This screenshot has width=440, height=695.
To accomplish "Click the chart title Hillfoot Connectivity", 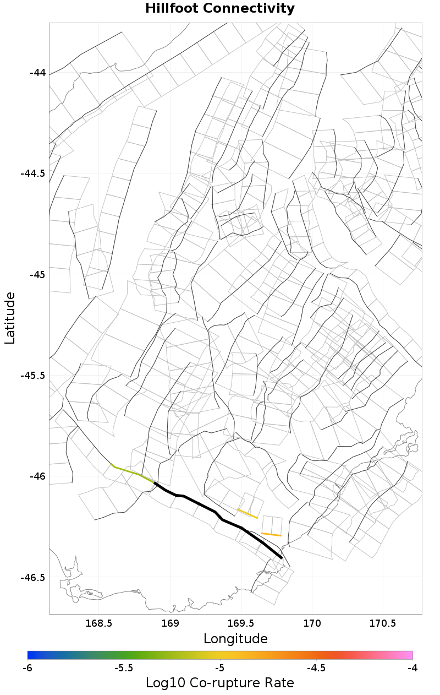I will pyautogui.click(x=220, y=9).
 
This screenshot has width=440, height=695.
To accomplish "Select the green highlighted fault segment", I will pyautogui.click(x=132, y=472).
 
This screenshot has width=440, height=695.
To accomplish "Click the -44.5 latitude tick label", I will pyautogui.click(x=32, y=173).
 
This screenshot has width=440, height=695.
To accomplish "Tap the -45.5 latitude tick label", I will pyautogui.click(x=32, y=376).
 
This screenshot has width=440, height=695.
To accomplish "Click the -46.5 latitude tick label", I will pyautogui.click(x=32, y=578).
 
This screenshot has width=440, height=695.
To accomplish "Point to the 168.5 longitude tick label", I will pyautogui.click(x=99, y=623).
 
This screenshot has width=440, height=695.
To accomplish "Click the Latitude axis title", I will pyautogui.click(x=10, y=318).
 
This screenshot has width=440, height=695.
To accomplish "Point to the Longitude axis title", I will pyautogui.click(x=235, y=639).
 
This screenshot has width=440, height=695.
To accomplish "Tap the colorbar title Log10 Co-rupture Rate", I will pyautogui.click(x=220, y=683).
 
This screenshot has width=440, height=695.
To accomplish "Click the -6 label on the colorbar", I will pyautogui.click(x=28, y=668).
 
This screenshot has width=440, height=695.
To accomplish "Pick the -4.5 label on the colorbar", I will pyautogui.click(x=316, y=668).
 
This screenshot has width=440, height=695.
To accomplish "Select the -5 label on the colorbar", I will pyautogui.click(x=220, y=668).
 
